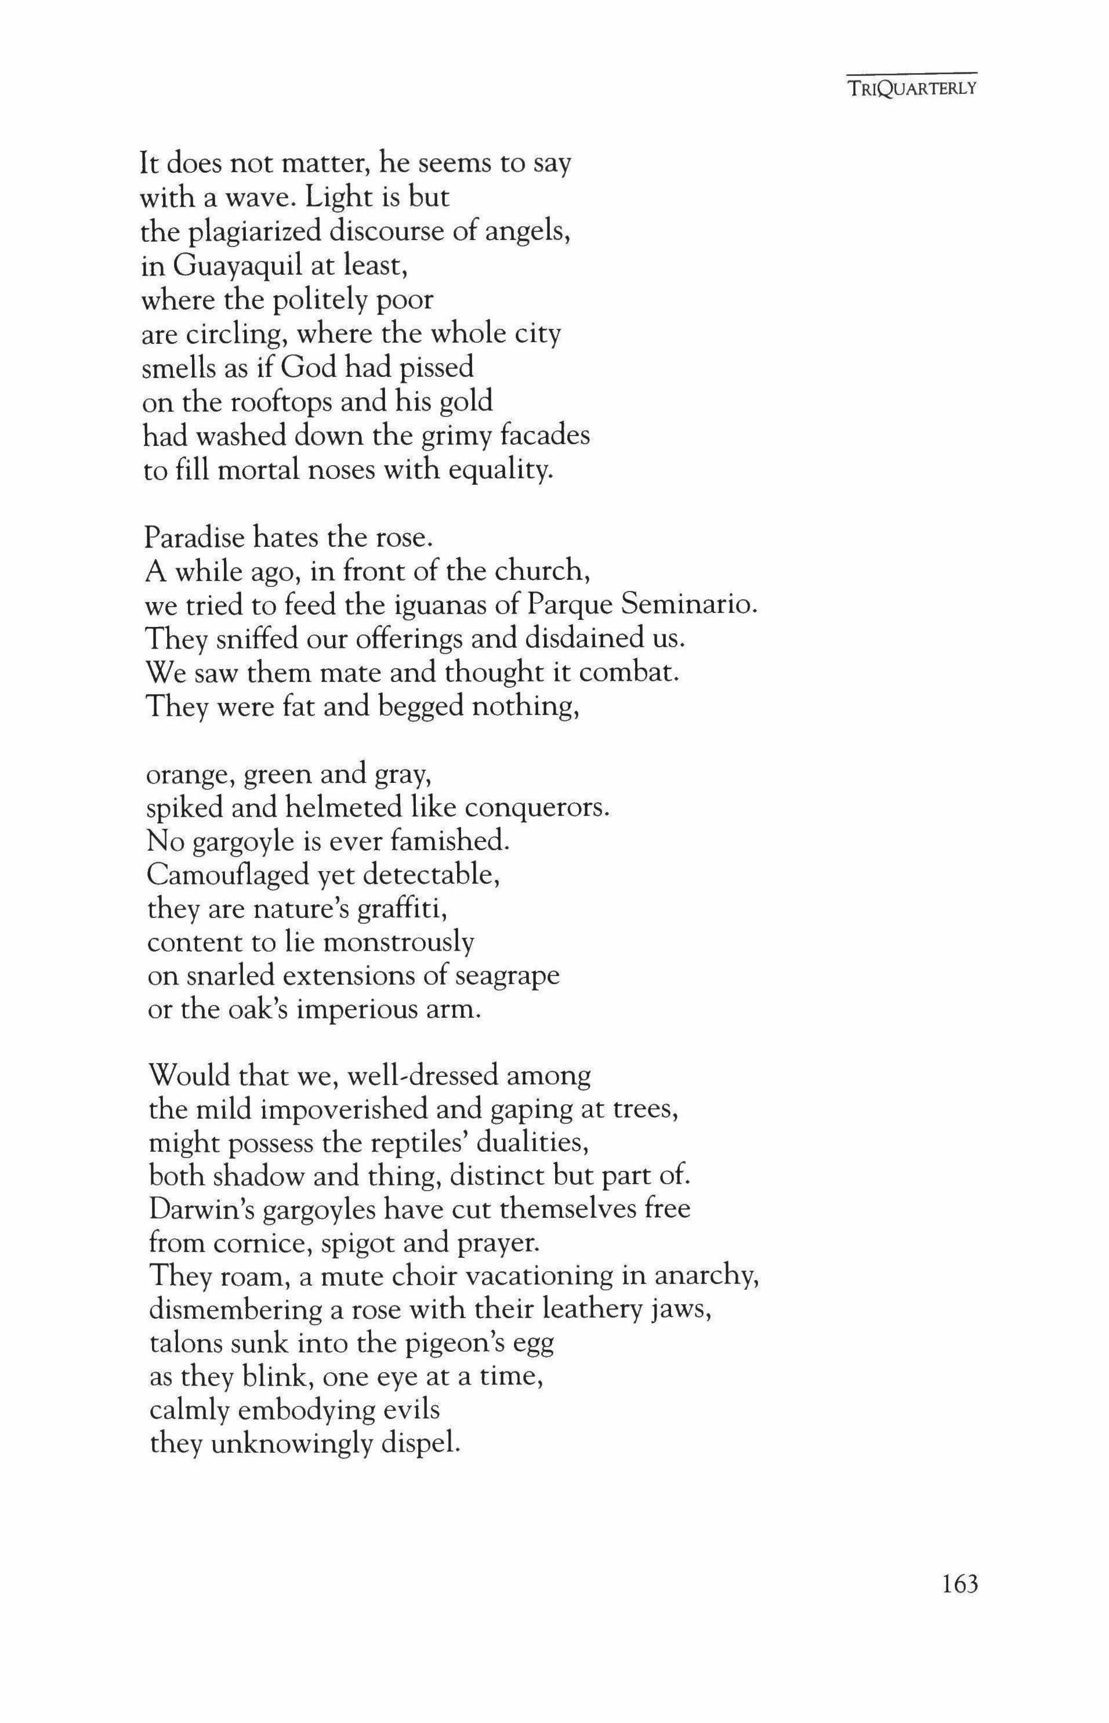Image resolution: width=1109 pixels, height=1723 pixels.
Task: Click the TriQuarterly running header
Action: [912, 89]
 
